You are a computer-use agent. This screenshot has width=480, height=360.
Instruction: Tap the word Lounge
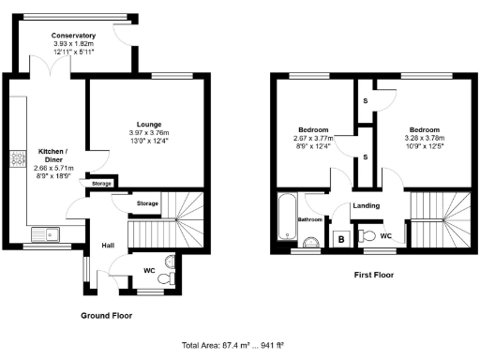[x=148, y=124]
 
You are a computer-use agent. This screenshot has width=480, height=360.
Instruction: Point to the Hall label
[x=108, y=246]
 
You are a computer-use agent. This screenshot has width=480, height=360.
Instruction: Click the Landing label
[x=366, y=205]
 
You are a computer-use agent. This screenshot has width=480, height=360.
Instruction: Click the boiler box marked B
[x=341, y=240]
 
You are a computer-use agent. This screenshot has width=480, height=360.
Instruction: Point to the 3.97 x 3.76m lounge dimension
[x=148, y=133]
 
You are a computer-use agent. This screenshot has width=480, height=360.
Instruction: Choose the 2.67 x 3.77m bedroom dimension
[x=312, y=138]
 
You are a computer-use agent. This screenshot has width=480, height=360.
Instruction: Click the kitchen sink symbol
[x=44, y=233]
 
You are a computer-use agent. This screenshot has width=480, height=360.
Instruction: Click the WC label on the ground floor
[x=148, y=271]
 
